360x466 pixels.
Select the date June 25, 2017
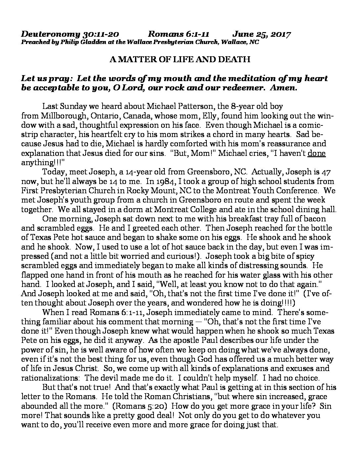click(261, 34)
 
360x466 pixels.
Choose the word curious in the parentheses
click(183, 247)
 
